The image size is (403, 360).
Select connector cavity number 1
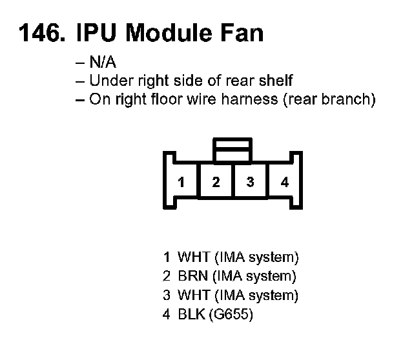tap(181, 182)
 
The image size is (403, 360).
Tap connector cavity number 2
tap(216, 182)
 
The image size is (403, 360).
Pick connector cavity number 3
tap(251, 182)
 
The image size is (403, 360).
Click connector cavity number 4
tap(285, 182)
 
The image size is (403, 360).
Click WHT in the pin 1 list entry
tap(192, 257)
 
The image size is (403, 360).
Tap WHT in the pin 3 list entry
tap(192, 296)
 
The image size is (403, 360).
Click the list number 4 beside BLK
tap(167, 315)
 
